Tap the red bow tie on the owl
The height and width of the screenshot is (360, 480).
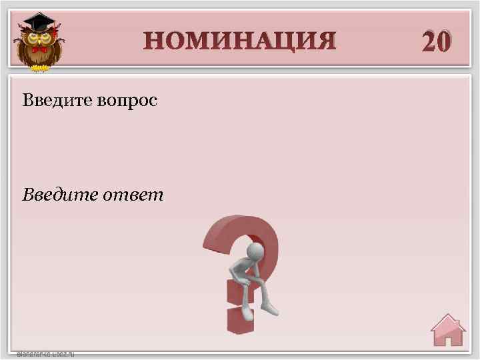pyautogui.click(x=39, y=49)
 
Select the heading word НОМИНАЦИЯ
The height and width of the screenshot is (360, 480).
pyautogui.click(x=239, y=41)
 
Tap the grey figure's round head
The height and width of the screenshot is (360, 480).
pyautogui.click(x=256, y=251)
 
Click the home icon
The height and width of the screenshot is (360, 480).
pyautogui.click(x=447, y=329)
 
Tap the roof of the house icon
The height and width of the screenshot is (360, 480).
pyautogui.click(x=447, y=321)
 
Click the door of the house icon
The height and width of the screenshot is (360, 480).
pyautogui.click(x=448, y=338)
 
